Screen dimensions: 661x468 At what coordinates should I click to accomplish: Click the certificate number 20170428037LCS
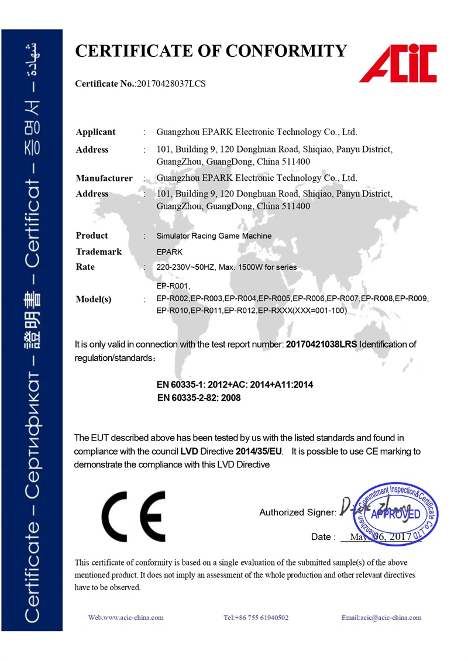tap(171, 84)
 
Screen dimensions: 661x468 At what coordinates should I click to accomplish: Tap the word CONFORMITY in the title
tap(287, 51)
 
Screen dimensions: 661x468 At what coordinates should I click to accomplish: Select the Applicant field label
tap(95, 132)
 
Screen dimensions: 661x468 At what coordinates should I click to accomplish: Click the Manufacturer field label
tap(104, 178)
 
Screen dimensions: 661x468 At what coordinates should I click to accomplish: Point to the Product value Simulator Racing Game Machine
tap(214, 236)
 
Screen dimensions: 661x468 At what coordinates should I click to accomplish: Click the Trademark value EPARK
tap(170, 252)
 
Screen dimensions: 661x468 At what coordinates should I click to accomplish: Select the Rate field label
tap(85, 267)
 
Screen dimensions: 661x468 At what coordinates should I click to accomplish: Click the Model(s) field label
tap(94, 299)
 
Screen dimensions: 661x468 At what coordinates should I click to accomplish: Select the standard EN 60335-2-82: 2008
tap(199, 398)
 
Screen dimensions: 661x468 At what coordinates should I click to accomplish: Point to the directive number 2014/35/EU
tap(259, 452)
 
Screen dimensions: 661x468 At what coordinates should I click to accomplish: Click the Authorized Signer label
tap(297, 513)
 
